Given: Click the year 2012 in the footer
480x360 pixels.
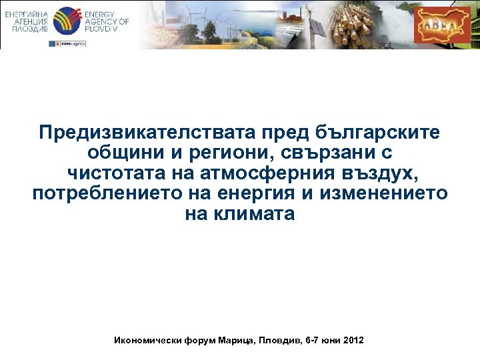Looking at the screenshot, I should tap(353, 340).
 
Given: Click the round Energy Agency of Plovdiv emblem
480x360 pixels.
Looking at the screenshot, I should tap(66, 21).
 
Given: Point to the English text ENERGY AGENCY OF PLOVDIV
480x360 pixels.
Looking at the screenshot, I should tap(106, 21).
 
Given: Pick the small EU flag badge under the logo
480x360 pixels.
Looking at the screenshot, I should tap(53, 43).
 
